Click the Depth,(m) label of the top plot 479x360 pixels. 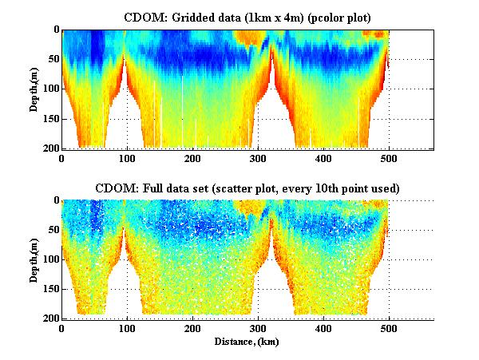pyautogui.click(x=34, y=89)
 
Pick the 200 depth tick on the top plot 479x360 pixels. pyautogui.click(x=49, y=148)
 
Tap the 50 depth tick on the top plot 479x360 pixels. pyautogui.click(x=52, y=59)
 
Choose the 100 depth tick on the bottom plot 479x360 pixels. pyautogui.click(x=49, y=259)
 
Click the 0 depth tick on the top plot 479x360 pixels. pyautogui.click(x=54, y=30)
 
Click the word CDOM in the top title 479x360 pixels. pyautogui.click(x=141, y=16)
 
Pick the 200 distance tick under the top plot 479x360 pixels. pyautogui.click(x=192, y=158)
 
